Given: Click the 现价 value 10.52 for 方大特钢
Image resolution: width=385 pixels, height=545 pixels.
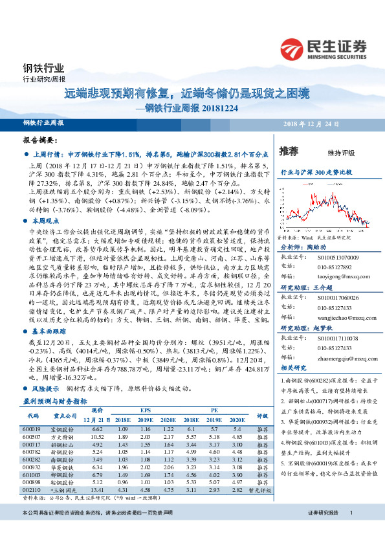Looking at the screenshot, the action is pos(98,436).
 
